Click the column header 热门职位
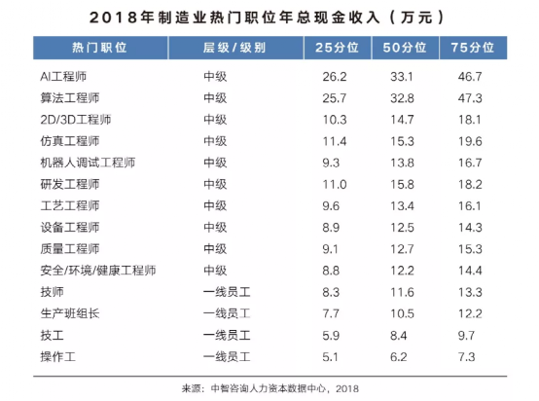tap(99, 48)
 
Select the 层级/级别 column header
tap(234, 48)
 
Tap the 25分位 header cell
tap(337, 48)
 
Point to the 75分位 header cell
tap(473, 48)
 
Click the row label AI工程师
tap(63, 76)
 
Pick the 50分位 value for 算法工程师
tap(402, 98)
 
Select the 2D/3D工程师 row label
tap(76, 120)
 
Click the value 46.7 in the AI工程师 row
tap(470, 76)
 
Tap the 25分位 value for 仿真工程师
tap(335, 141)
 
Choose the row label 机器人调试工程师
tap(88, 163)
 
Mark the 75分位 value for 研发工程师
tap(470, 184)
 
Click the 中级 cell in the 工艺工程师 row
tap(215, 205)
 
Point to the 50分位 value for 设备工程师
tap(402, 228)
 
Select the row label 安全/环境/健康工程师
tap(98, 271)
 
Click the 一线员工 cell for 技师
tap(227, 292)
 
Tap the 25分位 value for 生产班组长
tap(331, 313)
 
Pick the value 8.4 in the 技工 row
tap(398, 336)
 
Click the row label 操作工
tap(57, 356)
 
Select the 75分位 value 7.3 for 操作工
tap(466, 356)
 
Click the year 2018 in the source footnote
tap(347, 388)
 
